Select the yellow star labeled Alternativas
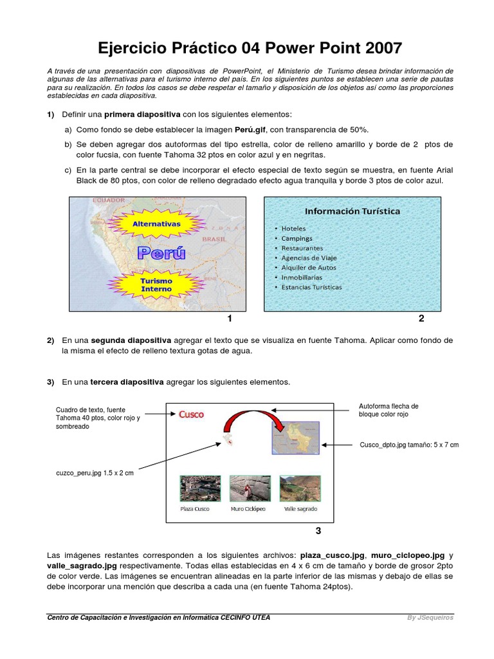click(x=156, y=225)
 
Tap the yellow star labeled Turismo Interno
click(x=156, y=285)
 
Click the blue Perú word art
click(x=161, y=253)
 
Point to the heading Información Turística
click(x=352, y=211)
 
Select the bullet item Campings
click(x=297, y=238)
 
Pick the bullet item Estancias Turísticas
click(x=311, y=287)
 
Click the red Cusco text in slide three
click(x=191, y=415)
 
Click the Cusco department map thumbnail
click(x=297, y=438)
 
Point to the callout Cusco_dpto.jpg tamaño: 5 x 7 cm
click(x=408, y=445)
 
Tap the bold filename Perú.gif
click(x=250, y=129)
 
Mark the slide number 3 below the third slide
click(x=318, y=531)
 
